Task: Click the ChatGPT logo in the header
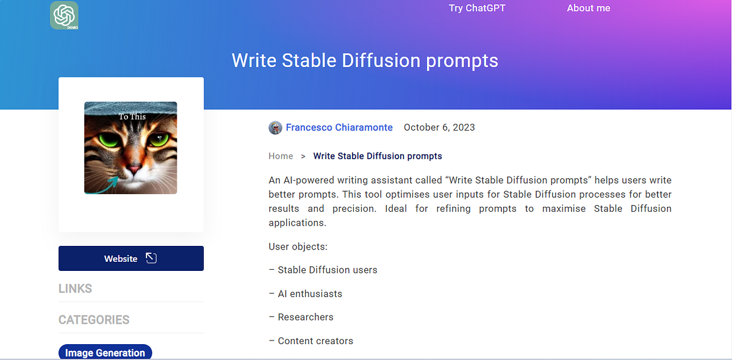click(64, 15)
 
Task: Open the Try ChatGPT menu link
click(477, 8)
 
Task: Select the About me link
click(588, 8)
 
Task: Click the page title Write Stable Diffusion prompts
click(365, 61)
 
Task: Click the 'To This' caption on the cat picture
click(132, 116)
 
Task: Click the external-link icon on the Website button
click(151, 258)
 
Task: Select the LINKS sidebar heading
click(75, 289)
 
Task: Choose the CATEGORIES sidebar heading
click(94, 320)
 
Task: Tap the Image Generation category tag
click(105, 353)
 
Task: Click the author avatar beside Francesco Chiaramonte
click(276, 128)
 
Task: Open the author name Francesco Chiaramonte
click(339, 128)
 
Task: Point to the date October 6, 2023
click(439, 128)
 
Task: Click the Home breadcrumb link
click(281, 156)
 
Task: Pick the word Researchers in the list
click(306, 317)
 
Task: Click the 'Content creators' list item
click(315, 341)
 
